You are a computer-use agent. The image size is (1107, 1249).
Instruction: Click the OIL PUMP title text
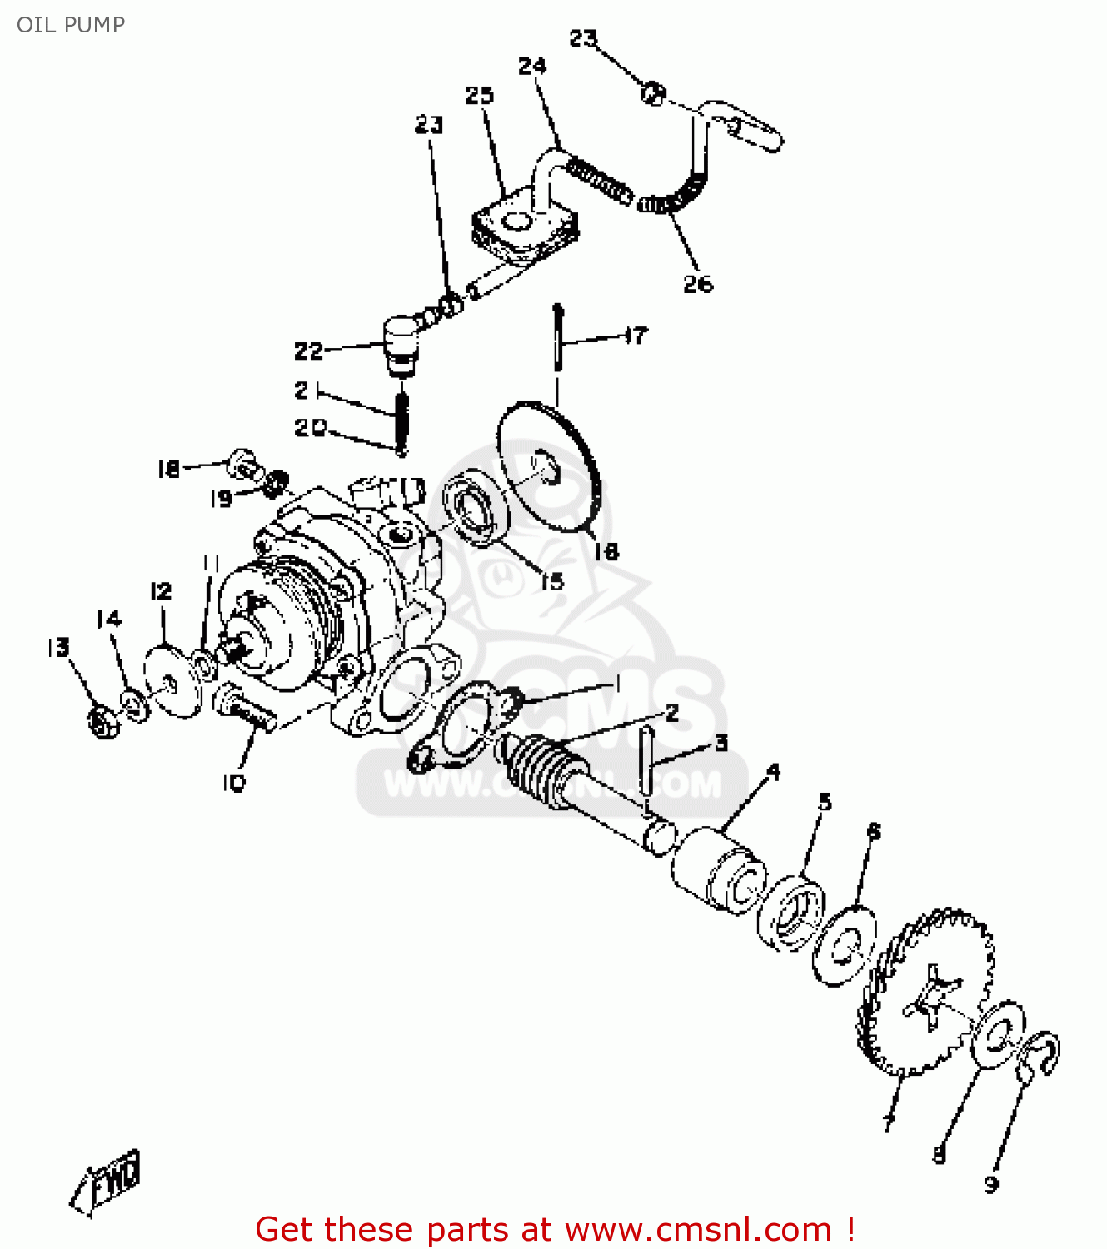[71, 25]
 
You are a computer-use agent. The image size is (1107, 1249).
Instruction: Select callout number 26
[698, 284]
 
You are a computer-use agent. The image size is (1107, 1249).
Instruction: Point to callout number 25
[480, 96]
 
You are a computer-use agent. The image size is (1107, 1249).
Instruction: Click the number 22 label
[308, 351]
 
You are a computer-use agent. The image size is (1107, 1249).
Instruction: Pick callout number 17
[636, 336]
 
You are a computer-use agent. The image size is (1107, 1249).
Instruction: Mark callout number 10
[234, 783]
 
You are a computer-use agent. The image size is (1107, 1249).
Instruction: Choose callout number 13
[58, 648]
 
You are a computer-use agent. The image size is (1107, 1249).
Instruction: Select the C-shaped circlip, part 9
[1038, 1053]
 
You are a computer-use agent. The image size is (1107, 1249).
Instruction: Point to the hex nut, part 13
[102, 720]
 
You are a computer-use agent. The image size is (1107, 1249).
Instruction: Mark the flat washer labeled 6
[845, 946]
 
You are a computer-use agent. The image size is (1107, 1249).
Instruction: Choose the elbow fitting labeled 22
[401, 341]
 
